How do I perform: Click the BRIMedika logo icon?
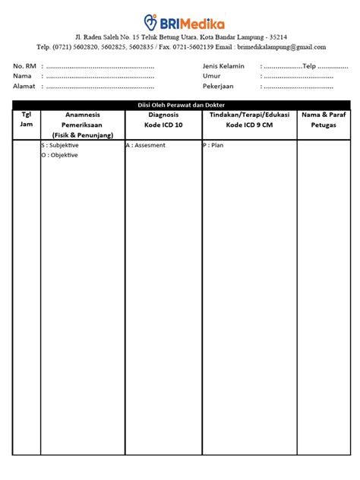150,21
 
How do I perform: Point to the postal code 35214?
276,37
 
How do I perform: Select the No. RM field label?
24,66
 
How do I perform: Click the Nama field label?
22,76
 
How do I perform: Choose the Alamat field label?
24,86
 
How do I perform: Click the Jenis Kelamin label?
223,66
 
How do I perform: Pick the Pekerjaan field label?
218,86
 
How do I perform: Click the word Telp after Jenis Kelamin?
309,66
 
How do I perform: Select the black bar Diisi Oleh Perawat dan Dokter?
180,105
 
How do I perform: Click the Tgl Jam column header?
27,119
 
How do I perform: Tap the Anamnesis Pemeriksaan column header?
82,124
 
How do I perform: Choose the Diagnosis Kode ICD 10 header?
163,119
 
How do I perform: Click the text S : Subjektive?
62,144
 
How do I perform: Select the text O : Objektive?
60,155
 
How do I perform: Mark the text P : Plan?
213,144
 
